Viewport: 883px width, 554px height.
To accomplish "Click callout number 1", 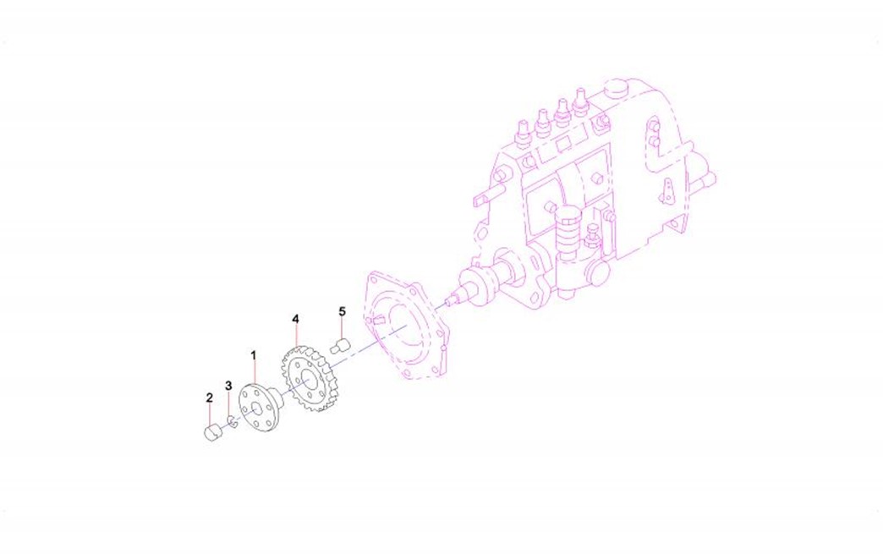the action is pos(254,355).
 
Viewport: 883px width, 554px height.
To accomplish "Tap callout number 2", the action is pos(210,398).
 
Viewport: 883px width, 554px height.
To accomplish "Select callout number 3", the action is pos(228,386).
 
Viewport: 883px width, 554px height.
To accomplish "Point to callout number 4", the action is pos(295,319).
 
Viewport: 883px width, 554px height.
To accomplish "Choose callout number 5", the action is pos(342,311).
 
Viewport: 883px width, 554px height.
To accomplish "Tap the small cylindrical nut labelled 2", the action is pos(211,434).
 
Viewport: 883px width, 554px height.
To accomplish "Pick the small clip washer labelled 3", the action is pos(231,420).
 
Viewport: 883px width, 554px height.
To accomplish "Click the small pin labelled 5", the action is pos(340,346).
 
